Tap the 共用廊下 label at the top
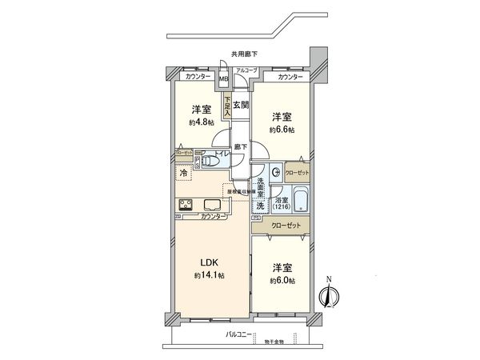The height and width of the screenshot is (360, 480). pos(244,54)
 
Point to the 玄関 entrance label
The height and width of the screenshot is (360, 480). pos(241,105)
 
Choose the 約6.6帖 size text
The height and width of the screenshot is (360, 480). pos(282,129)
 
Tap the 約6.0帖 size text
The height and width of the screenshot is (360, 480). pos(282,281)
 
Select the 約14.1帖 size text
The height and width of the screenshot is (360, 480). pos(209,275)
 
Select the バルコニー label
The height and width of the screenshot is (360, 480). pos(239,333)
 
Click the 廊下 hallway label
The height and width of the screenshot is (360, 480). pos(240,146)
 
